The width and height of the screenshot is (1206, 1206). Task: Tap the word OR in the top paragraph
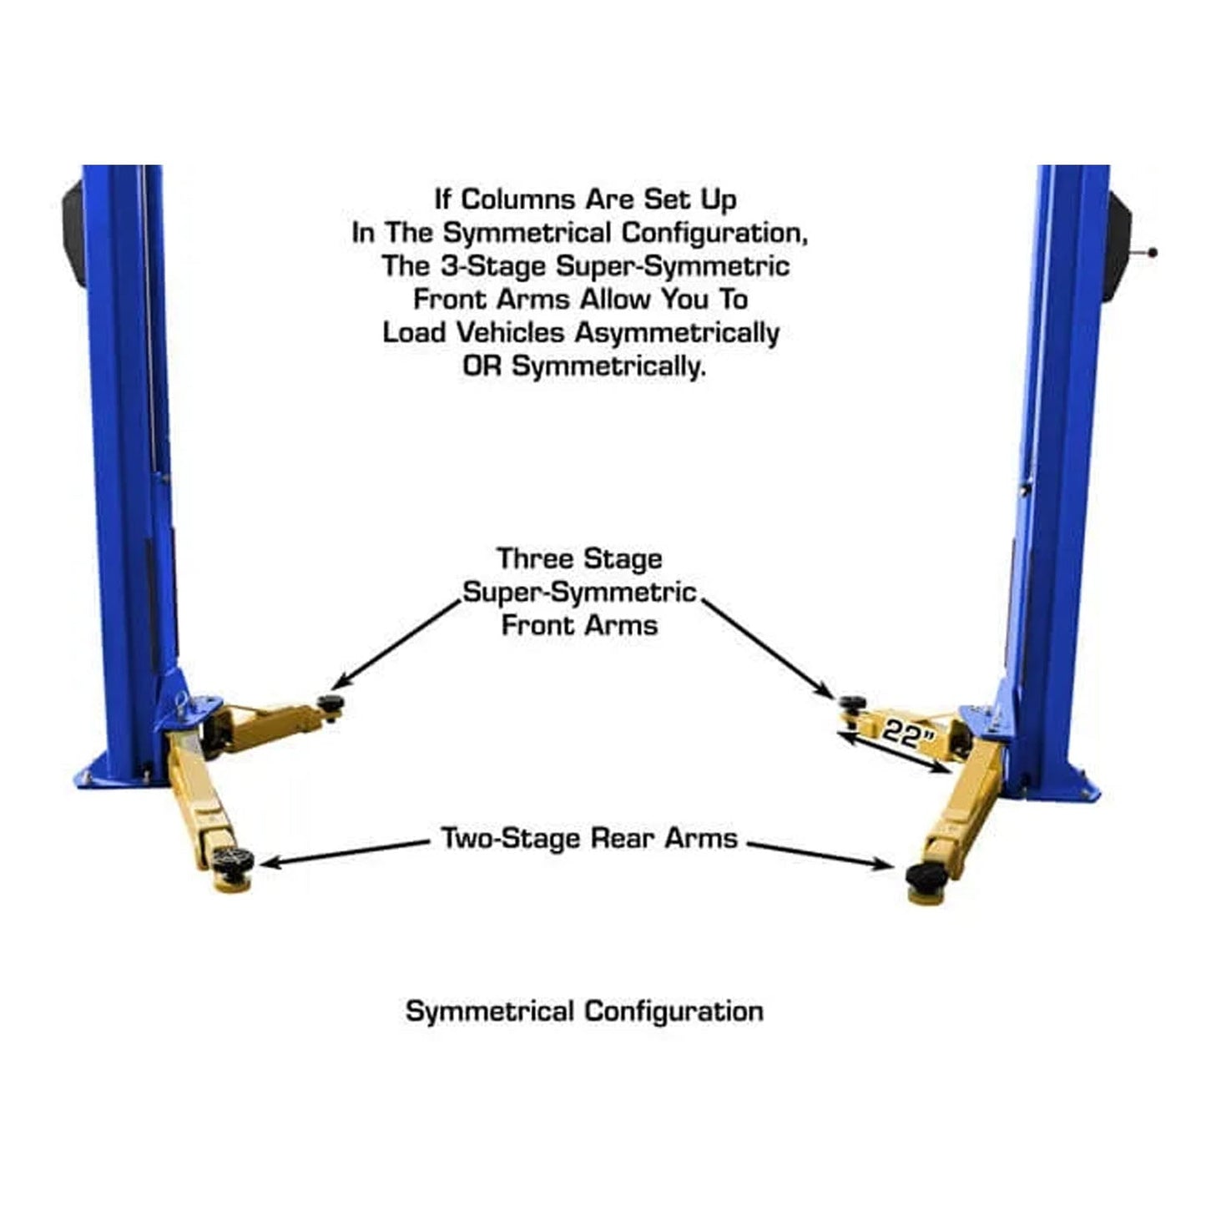(482, 366)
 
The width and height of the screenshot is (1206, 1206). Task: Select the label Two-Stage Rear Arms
(589, 838)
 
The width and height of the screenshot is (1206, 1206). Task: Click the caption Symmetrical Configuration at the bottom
(584, 1012)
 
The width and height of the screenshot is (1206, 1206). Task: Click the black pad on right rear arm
(925, 875)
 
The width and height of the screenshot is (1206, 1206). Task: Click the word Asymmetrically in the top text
(677, 333)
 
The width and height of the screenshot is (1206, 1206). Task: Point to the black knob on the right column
(1153, 252)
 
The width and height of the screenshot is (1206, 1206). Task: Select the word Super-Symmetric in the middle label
(579, 593)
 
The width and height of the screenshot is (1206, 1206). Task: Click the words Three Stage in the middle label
(579, 559)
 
